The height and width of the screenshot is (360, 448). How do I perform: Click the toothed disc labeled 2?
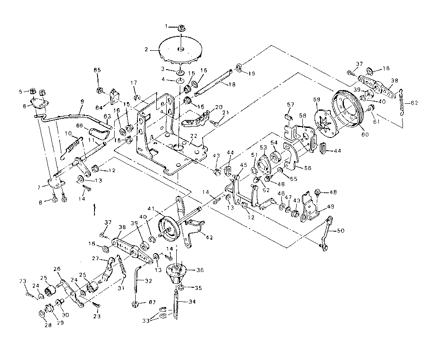[x=180, y=51]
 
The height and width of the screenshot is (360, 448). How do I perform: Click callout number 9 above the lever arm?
[x=81, y=102]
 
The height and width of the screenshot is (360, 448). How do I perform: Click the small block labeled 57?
[x=288, y=116]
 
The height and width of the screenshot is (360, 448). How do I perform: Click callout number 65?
[x=97, y=70]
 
